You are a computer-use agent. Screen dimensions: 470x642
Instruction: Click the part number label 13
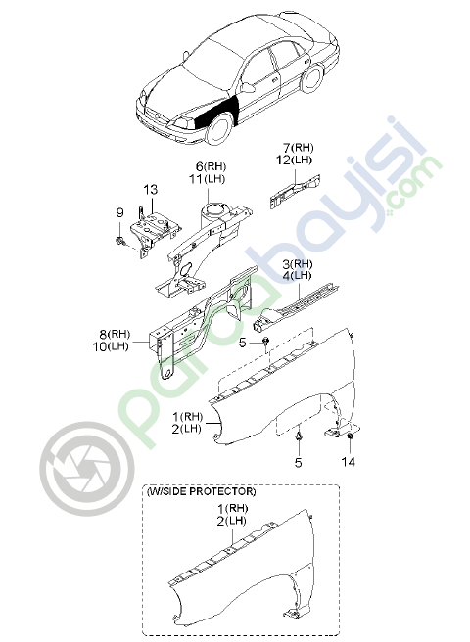click(151, 190)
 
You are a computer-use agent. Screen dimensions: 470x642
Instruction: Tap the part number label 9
click(119, 212)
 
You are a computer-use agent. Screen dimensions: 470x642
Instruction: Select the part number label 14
click(348, 462)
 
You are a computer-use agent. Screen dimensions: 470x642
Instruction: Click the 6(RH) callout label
click(211, 166)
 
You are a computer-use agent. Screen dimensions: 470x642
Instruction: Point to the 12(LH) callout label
click(294, 160)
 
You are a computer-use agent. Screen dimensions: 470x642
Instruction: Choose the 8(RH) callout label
click(115, 334)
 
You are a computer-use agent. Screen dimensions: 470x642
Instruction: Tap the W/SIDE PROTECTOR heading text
click(201, 491)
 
